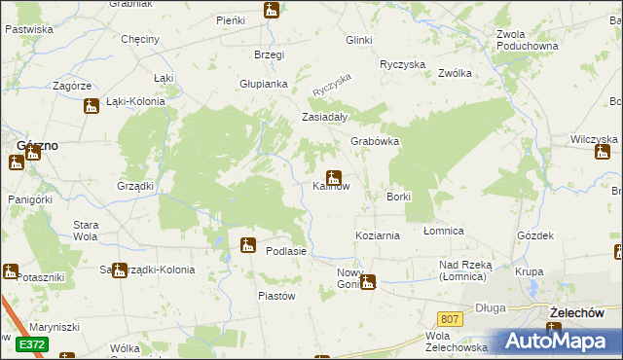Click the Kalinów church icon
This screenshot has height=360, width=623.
[x=333, y=178]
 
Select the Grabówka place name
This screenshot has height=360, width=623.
[x=376, y=141]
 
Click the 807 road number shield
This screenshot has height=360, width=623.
[x=449, y=318]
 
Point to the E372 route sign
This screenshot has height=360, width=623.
[x=31, y=343]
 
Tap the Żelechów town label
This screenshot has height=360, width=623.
[x=584, y=312]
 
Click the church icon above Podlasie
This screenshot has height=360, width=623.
[x=248, y=244]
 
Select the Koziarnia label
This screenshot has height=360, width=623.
[x=378, y=236]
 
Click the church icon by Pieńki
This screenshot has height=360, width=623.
[x=272, y=11]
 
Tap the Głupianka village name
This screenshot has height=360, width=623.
[x=264, y=84]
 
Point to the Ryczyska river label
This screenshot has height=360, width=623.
[x=330, y=85]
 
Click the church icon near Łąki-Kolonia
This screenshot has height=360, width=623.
[x=91, y=106]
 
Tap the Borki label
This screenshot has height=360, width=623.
[x=399, y=197]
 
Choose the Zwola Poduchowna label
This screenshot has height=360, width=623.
[x=526, y=39]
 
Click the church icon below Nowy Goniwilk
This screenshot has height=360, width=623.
[x=367, y=283]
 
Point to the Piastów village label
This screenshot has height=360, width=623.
[x=275, y=295]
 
